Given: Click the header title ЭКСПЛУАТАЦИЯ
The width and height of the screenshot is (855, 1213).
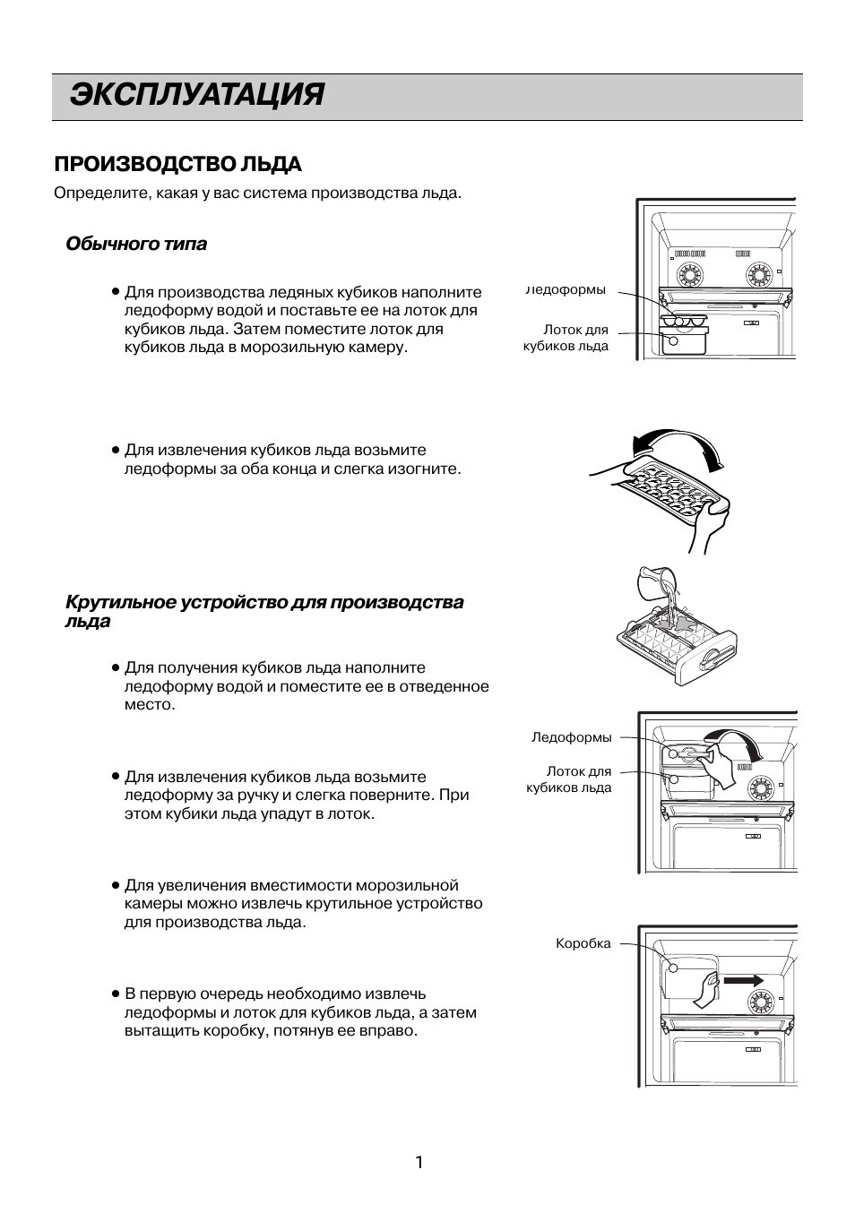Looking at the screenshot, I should point(196,95).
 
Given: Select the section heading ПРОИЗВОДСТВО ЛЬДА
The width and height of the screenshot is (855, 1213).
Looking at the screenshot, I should point(177,164).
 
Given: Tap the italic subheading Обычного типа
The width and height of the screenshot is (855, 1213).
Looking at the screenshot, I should point(136,244).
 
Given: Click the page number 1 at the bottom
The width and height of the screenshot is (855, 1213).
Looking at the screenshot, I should point(419,1162).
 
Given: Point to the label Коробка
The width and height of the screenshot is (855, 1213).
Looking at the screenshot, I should point(583,943).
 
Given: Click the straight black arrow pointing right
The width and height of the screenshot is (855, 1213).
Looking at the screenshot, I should point(743,980).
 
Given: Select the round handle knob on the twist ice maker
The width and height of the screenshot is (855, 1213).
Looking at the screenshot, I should point(712,658).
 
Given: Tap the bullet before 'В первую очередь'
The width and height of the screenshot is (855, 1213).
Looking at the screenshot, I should point(116,994).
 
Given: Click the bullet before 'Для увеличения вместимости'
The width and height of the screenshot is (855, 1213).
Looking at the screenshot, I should point(116,886).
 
